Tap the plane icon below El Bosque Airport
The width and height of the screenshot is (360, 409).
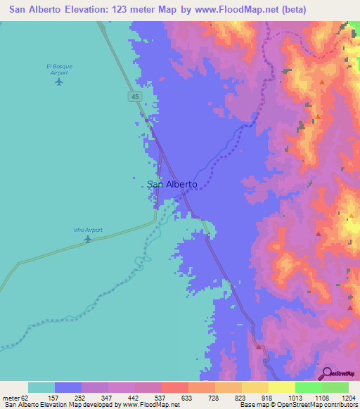pyautogui.click(x=58, y=82)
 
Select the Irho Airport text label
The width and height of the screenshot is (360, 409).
pyautogui.click(x=87, y=229)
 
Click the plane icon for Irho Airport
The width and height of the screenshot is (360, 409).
pyautogui.click(x=87, y=239)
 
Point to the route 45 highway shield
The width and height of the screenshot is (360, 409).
pyautogui.click(x=134, y=96)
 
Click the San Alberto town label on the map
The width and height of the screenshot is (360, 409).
pyautogui.click(x=173, y=185)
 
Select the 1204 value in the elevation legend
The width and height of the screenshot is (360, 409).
pyautogui.click(x=349, y=397)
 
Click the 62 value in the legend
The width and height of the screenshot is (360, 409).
pyautogui.click(x=28, y=397)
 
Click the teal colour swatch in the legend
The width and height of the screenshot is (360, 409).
pyautogui.click(x=41, y=387)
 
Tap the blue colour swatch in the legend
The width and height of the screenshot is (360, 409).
pyautogui.click(x=68, y=387)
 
